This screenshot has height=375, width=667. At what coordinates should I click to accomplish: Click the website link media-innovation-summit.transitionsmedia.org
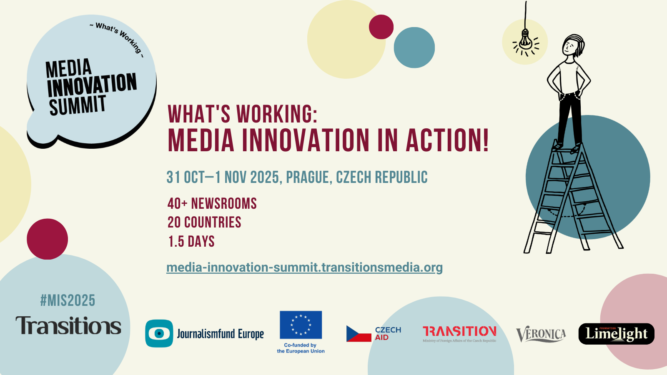pyautogui.click(x=304, y=267)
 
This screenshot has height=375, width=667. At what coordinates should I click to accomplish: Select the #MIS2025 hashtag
pyautogui.click(x=68, y=300)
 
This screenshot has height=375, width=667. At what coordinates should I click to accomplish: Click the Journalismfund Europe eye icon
pyautogui.click(x=159, y=333)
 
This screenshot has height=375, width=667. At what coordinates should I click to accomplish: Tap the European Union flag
pyautogui.click(x=301, y=325)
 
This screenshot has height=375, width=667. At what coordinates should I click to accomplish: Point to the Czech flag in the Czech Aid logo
pyautogui.click(x=359, y=334)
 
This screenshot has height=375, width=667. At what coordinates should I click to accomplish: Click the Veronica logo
pyautogui.click(x=541, y=334)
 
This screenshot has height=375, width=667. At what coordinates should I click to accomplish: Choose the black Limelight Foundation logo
pyautogui.click(x=617, y=334)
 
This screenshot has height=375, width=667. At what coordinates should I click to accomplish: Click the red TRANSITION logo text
pyautogui.click(x=459, y=331)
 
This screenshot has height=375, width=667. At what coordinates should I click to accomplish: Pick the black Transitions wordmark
pyautogui.click(x=68, y=325)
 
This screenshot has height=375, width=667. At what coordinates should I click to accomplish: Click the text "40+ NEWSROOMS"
pyautogui.click(x=212, y=204)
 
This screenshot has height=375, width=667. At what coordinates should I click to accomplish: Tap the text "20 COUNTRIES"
pyautogui.click(x=204, y=222)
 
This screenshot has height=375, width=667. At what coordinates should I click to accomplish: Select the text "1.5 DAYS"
pyautogui.click(x=191, y=241)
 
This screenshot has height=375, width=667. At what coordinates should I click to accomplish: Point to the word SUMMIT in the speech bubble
pyautogui.click(x=78, y=105)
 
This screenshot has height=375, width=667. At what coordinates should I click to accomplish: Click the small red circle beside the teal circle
pyautogui.click(x=381, y=27)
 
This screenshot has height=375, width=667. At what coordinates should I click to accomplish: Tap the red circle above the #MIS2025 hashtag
pyautogui.click(x=48, y=239)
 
